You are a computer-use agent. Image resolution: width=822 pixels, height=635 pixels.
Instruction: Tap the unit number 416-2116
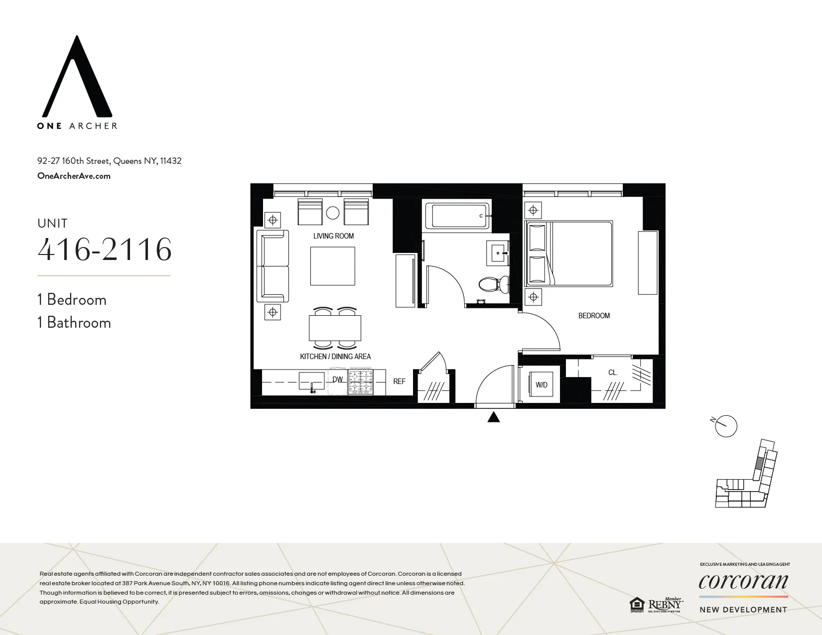[105, 250]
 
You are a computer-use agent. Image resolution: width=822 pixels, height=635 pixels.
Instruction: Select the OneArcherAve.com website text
[74, 176]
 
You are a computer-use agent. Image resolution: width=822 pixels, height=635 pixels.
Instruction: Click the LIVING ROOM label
[333, 236]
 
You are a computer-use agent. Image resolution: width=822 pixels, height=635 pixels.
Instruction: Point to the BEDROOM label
[594, 316]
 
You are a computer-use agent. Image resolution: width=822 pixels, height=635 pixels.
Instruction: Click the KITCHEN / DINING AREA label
[335, 357]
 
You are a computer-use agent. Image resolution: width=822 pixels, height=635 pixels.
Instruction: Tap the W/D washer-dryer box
[542, 384]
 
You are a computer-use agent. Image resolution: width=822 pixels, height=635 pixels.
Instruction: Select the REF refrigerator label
[399, 381]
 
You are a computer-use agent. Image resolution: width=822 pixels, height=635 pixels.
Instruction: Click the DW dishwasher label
[338, 380]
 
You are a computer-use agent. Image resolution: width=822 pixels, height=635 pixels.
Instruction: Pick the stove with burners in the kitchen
[361, 381]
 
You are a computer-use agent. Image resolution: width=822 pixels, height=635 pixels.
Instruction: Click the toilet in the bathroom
[493, 284]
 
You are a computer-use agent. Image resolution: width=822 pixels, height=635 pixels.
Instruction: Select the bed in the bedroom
[570, 254]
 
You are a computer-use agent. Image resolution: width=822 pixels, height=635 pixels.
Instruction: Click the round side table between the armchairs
[333, 213]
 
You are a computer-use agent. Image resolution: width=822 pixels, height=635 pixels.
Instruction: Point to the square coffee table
[333, 266]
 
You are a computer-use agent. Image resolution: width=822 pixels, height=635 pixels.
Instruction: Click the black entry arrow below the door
[493, 417]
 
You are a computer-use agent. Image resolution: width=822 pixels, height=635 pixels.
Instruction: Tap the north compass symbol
[725, 426]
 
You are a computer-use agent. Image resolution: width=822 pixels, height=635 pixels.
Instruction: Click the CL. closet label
[613, 373]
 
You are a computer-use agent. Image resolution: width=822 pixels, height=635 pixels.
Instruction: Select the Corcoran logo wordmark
[743, 581]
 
